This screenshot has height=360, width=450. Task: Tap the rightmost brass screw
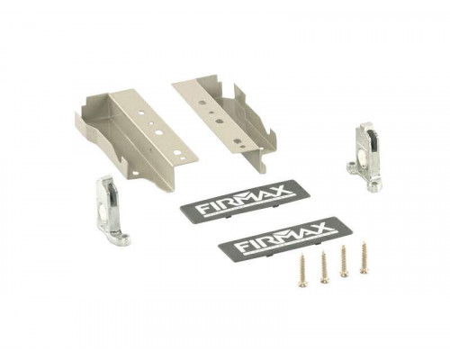364,257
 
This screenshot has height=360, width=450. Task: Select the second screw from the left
324,266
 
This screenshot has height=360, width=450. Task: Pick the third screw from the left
344,261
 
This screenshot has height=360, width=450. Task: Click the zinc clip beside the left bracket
110,211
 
